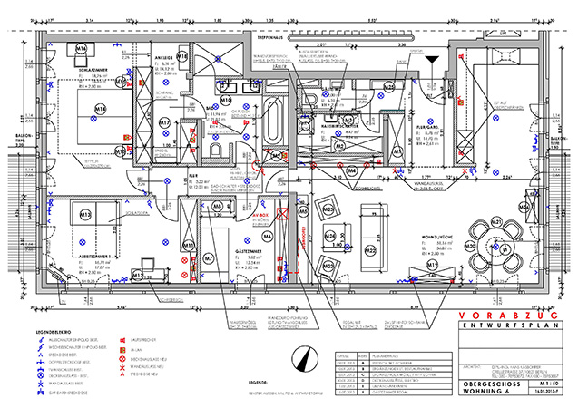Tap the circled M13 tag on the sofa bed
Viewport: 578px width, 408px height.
click(84, 215)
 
